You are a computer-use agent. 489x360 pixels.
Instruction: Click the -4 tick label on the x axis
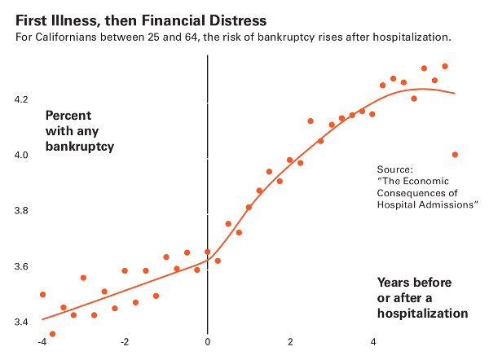tap(42, 342)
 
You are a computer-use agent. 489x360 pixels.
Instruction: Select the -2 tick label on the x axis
tap(124, 342)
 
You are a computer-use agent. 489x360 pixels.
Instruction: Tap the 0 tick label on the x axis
tap(208, 342)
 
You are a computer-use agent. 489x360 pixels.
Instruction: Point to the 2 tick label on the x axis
tap(290, 342)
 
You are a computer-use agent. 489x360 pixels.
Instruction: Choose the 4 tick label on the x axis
tap(373, 342)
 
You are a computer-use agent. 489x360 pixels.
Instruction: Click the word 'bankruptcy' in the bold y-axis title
tap(80, 147)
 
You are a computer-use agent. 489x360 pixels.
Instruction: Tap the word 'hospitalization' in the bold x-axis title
tap(422, 313)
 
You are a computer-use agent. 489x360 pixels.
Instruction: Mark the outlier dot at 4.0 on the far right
tap(455, 155)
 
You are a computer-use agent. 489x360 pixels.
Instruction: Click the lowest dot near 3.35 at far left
tap(53, 334)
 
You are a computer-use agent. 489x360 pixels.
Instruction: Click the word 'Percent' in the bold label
tap(68, 116)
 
